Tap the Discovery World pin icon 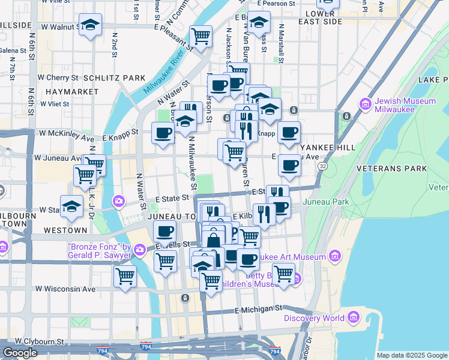353,317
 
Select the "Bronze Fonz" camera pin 140,249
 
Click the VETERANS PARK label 390,169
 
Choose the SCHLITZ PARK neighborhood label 115,78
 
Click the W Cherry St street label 58,77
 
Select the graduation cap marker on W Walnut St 90,25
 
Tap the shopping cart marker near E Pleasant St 200,36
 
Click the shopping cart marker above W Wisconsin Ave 125,277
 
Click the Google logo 20,353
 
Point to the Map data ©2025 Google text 412,355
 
